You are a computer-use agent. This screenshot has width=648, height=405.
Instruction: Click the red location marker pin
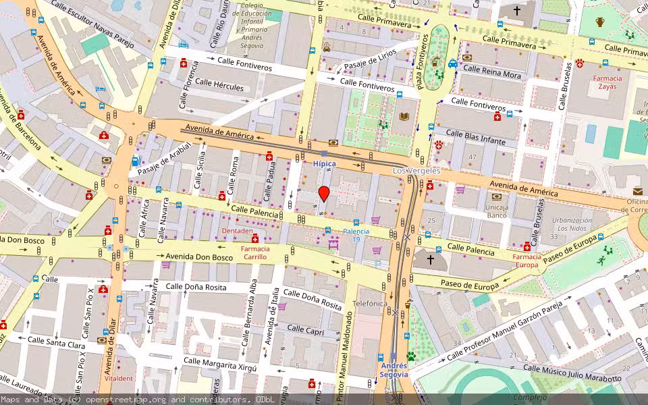coord(324,194)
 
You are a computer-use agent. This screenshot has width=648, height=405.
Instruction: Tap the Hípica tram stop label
coord(324,163)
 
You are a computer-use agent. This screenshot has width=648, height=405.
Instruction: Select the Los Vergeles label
coord(416,171)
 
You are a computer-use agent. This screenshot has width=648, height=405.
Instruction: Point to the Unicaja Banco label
coord(497,211)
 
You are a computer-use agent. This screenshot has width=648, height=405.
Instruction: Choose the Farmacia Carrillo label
coord(255,253)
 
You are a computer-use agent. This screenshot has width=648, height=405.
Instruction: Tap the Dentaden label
coord(237,231)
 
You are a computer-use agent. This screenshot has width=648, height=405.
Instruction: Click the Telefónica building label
coord(371,304)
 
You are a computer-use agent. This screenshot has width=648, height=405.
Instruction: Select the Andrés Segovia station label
coord(394,370)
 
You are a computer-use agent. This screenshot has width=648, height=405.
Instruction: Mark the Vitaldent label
coord(119,379)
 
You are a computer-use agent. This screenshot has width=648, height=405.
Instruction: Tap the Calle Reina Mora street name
coord(492,72)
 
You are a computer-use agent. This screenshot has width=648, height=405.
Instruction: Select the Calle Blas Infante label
coord(476,137)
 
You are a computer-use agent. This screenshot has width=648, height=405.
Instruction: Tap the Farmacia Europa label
coord(527,261)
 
